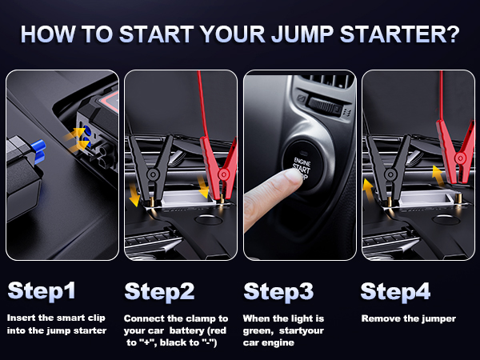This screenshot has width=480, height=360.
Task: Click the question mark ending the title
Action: pyautogui.click(x=452, y=36)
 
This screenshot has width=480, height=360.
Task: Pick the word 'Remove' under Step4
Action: pyautogui.click(x=379, y=318)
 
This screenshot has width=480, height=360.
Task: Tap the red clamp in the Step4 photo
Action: pyautogui.click(x=458, y=152)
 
